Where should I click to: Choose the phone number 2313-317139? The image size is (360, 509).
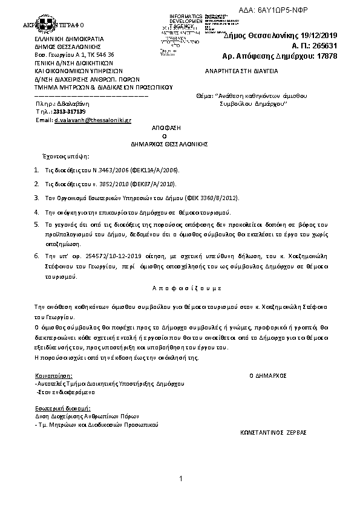click(70, 112)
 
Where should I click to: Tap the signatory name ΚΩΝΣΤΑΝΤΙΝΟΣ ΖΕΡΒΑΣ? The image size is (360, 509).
click(273, 433)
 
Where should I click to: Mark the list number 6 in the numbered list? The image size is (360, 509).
click(37, 256)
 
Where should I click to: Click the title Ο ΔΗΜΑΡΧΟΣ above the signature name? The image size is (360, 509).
click(268, 375)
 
